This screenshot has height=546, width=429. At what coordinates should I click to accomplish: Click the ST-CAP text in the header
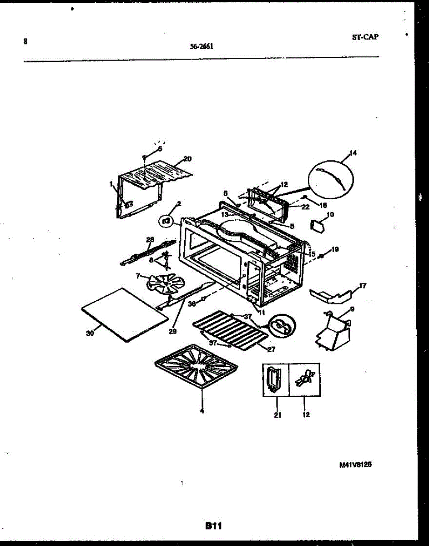364,38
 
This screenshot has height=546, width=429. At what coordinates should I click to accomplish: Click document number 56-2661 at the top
202,45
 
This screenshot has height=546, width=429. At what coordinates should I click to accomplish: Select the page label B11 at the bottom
213,526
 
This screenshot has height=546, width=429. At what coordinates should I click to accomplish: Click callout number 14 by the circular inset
353,153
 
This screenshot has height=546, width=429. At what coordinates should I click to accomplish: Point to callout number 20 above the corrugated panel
187,159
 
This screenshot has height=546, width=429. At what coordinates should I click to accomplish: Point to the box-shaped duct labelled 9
335,332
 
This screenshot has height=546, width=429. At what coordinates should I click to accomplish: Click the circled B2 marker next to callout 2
166,222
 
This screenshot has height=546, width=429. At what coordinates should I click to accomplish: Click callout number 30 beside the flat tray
90,333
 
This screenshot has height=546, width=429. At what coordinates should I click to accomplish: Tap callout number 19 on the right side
335,250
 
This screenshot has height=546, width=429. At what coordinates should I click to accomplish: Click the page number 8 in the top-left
25,41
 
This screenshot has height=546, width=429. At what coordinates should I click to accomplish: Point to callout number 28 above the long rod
150,239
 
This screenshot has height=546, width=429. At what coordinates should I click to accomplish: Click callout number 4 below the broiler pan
202,412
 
